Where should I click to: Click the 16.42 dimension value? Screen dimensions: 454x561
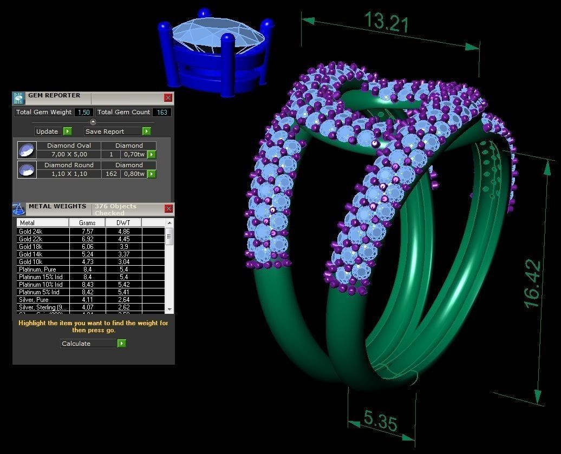pyautogui.click(x=532, y=284)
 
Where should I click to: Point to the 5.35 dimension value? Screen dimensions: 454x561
pyautogui.click(x=381, y=420)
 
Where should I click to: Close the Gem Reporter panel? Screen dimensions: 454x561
pyautogui.click(x=168, y=97)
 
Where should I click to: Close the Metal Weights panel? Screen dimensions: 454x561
pyautogui.click(x=168, y=208)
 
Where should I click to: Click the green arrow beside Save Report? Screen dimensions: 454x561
pyautogui.click(x=146, y=131)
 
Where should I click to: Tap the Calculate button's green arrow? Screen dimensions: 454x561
pyautogui.click(x=122, y=343)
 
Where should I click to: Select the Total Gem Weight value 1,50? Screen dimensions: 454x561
pyautogui.click(x=83, y=112)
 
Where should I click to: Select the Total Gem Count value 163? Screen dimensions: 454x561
pyautogui.click(x=161, y=112)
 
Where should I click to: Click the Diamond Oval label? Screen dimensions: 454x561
pyautogui.click(x=69, y=146)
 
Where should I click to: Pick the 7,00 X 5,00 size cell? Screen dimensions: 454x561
pyautogui.click(x=69, y=154)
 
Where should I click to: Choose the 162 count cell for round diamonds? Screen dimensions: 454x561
pyautogui.click(x=112, y=174)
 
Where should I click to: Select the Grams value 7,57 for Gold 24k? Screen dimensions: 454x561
pyautogui.click(x=87, y=231)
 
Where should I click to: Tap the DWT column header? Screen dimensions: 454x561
pyautogui.click(x=123, y=222)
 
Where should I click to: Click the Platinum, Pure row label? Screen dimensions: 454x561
pyautogui.click(x=37, y=269)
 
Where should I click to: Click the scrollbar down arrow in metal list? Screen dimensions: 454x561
pyautogui.click(x=169, y=309)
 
